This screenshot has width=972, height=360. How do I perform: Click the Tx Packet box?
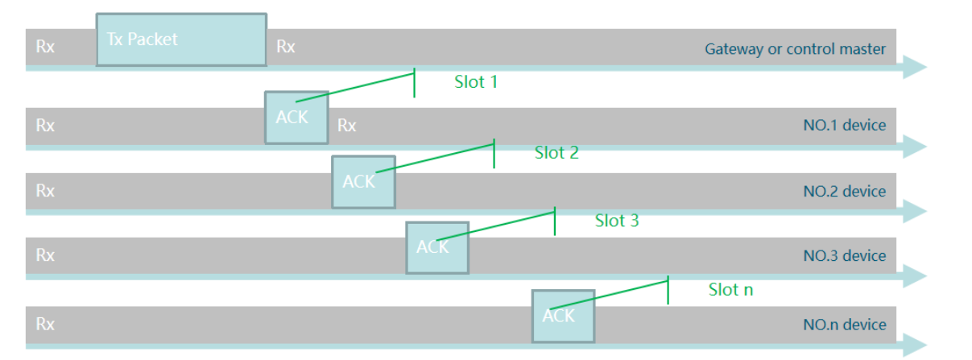[x=181, y=39]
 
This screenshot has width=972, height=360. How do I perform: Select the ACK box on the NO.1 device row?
[x=296, y=118]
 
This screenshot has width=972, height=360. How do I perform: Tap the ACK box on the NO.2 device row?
[x=363, y=182]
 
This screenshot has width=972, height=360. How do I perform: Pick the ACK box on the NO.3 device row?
[x=437, y=247]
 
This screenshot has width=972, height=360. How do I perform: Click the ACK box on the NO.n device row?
[x=563, y=316]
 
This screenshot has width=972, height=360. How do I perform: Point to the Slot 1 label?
[x=476, y=82]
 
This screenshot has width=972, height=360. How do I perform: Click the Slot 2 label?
[x=556, y=153]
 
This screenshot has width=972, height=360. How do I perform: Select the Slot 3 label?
[x=617, y=221]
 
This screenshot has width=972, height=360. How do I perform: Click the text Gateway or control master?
[x=795, y=49]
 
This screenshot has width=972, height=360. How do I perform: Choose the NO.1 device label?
[x=844, y=126]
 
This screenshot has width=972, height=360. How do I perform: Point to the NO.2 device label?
[x=844, y=192]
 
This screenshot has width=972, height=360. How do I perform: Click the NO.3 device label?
[x=844, y=256]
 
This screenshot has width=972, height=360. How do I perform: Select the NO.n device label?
[x=844, y=325]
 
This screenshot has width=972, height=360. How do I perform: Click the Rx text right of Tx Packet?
[x=286, y=47]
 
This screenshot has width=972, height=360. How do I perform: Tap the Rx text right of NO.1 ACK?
[x=347, y=126]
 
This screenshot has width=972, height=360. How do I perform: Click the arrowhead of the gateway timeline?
[x=915, y=68]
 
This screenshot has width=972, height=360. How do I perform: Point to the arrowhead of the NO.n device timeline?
[x=915, y=346]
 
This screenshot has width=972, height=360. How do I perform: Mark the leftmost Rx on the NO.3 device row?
[x=45, y=255]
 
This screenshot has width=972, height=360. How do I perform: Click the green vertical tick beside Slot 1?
[x=415, y=83]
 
